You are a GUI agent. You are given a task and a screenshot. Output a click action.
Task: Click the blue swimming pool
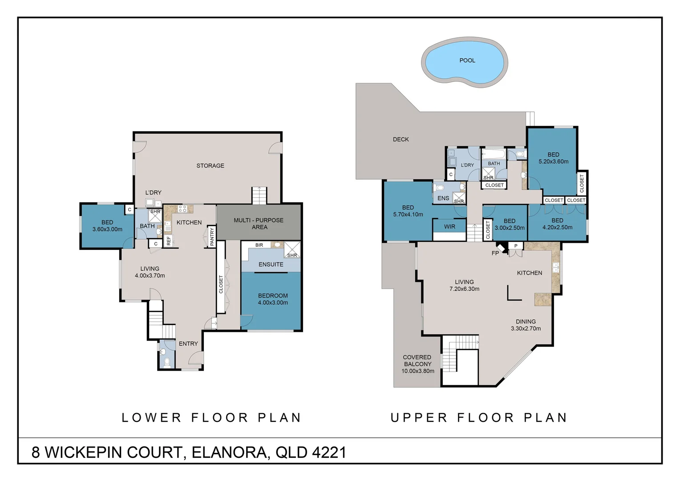(464, 63)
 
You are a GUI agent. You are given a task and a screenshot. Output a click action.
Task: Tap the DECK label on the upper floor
(401, 139)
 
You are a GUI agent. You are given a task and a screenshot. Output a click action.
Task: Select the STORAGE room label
(210, 166)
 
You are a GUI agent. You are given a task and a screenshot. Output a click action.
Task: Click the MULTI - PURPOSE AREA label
(259, 224)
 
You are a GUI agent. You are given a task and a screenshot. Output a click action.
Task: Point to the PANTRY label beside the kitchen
(212, 236)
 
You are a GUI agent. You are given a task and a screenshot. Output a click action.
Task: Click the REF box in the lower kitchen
(169, 240)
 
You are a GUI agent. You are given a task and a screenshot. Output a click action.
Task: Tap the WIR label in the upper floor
(449, 227)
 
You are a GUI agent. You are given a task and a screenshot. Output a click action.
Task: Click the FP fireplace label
(495, 253)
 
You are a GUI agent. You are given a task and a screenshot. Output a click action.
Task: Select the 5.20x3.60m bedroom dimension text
(554, 162)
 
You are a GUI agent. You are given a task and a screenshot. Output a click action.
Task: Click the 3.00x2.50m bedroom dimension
(510, 228)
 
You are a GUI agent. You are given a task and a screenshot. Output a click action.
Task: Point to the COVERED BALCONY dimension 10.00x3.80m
(418, 371)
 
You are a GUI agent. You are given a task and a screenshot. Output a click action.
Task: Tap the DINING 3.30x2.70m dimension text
(526, 329)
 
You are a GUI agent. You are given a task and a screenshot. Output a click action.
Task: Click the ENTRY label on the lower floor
(188, 344)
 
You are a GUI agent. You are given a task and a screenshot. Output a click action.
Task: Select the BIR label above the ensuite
(259, 245)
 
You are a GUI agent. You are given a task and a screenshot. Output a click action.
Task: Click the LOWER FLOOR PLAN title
(211, 418)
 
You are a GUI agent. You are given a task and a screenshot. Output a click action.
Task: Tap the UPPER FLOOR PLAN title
(479, 418)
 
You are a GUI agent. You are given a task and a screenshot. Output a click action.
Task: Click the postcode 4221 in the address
(329, 452)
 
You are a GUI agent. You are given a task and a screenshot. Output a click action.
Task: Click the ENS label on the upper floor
(443, 199)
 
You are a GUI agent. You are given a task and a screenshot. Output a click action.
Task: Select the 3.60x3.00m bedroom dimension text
(107, 229)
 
